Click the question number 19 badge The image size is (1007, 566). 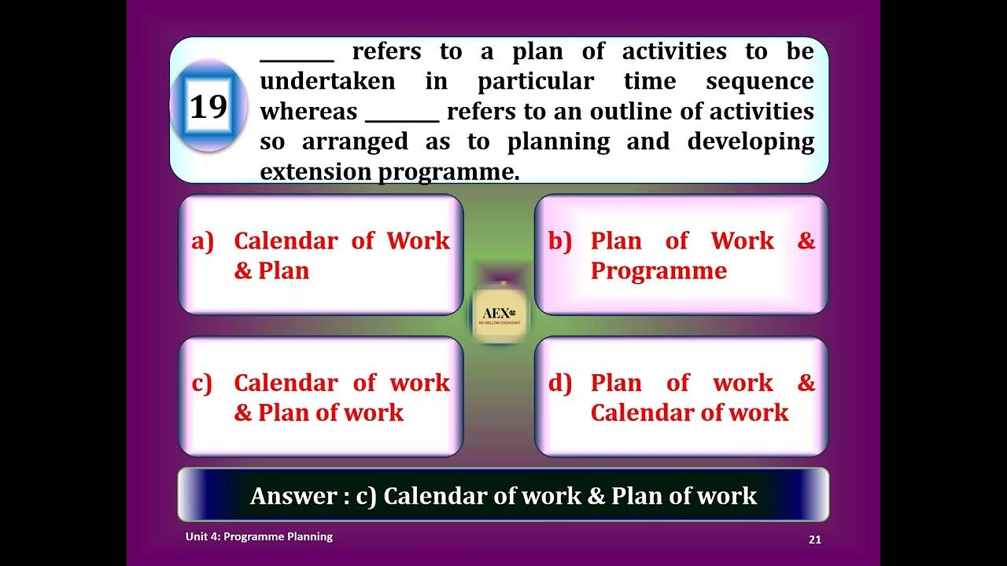(208, 106)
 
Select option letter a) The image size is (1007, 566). (202, 241)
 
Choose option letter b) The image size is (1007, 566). (559, 241)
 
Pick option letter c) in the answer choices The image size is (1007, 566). (201, 384)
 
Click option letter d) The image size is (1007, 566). (559, 384)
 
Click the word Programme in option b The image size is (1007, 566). (658, 271)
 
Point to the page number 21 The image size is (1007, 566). (815, 539)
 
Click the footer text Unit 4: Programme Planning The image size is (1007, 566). (259, 537)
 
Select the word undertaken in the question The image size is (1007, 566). (327, 82)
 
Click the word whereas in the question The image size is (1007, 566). (308, 112)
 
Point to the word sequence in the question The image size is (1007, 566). (759, 82)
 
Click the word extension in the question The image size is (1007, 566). (316, 172)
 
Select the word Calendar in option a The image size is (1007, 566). (286, 241)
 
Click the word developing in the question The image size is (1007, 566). (751, 142)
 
